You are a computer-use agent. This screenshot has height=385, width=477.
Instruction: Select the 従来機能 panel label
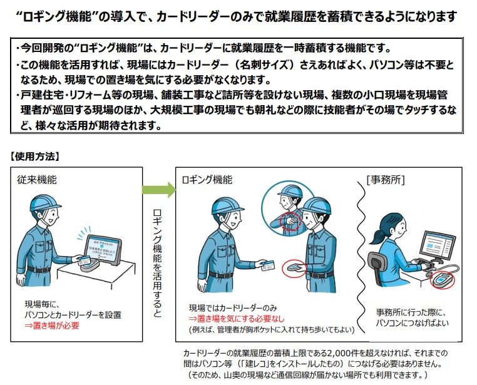(x=37, y=180)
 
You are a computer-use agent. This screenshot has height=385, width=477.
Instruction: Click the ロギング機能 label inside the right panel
(x=207, y=180)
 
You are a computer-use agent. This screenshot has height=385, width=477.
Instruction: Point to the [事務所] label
(x=386, y=180)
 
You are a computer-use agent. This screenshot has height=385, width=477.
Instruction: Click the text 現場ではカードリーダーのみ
(x=233, y=309)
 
